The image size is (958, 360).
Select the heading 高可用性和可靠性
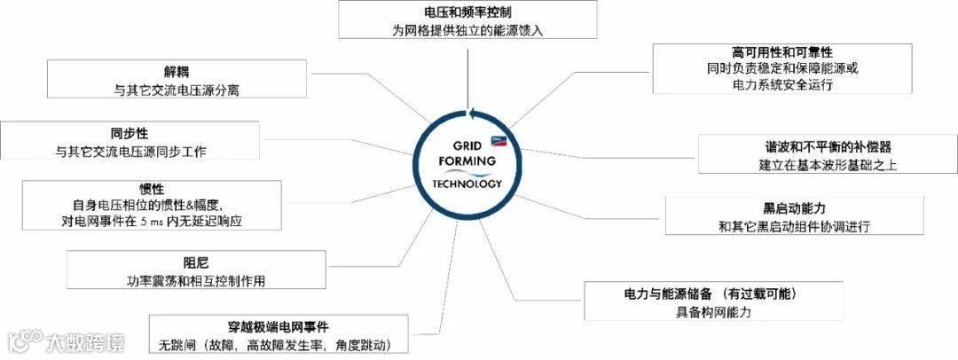tap(781, 52)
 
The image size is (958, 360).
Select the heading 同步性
tap(130, 134)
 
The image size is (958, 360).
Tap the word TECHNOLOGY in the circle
tap(467, 184)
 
